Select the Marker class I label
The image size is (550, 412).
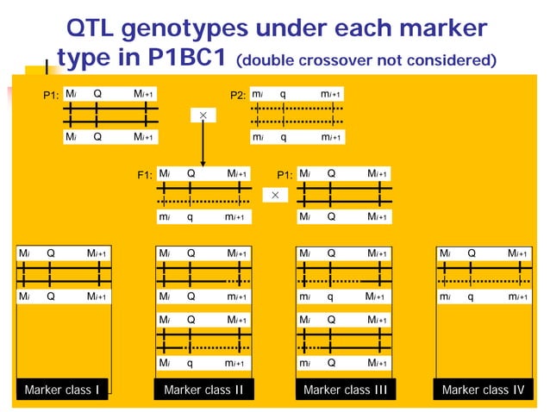pyautogui.click(x=61, y=390)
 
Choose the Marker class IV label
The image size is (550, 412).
pyautogui.click(x=482, y=390)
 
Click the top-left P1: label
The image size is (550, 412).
pyautogui.click(x=52, y=95)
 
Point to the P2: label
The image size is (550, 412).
pyautogui.click(x=239, y=95)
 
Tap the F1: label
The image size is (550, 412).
pyautogui.click(x=146, y=175)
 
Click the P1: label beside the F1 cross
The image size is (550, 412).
pyautogui.click(x=284, y=175)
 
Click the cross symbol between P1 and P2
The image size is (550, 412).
pyautogui.click(x=203, y=115)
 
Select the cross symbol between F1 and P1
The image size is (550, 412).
pyautogui.click(x=275, y=196)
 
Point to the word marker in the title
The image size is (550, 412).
pyautogui.click(x=439, y=30)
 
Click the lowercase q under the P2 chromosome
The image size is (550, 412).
pyautogui.click(x=284, y=137)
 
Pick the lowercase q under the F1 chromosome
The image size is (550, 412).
pyautogui.click(x=190, y=217)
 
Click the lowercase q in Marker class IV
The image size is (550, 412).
pyautogui.click(x=471, y=297)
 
